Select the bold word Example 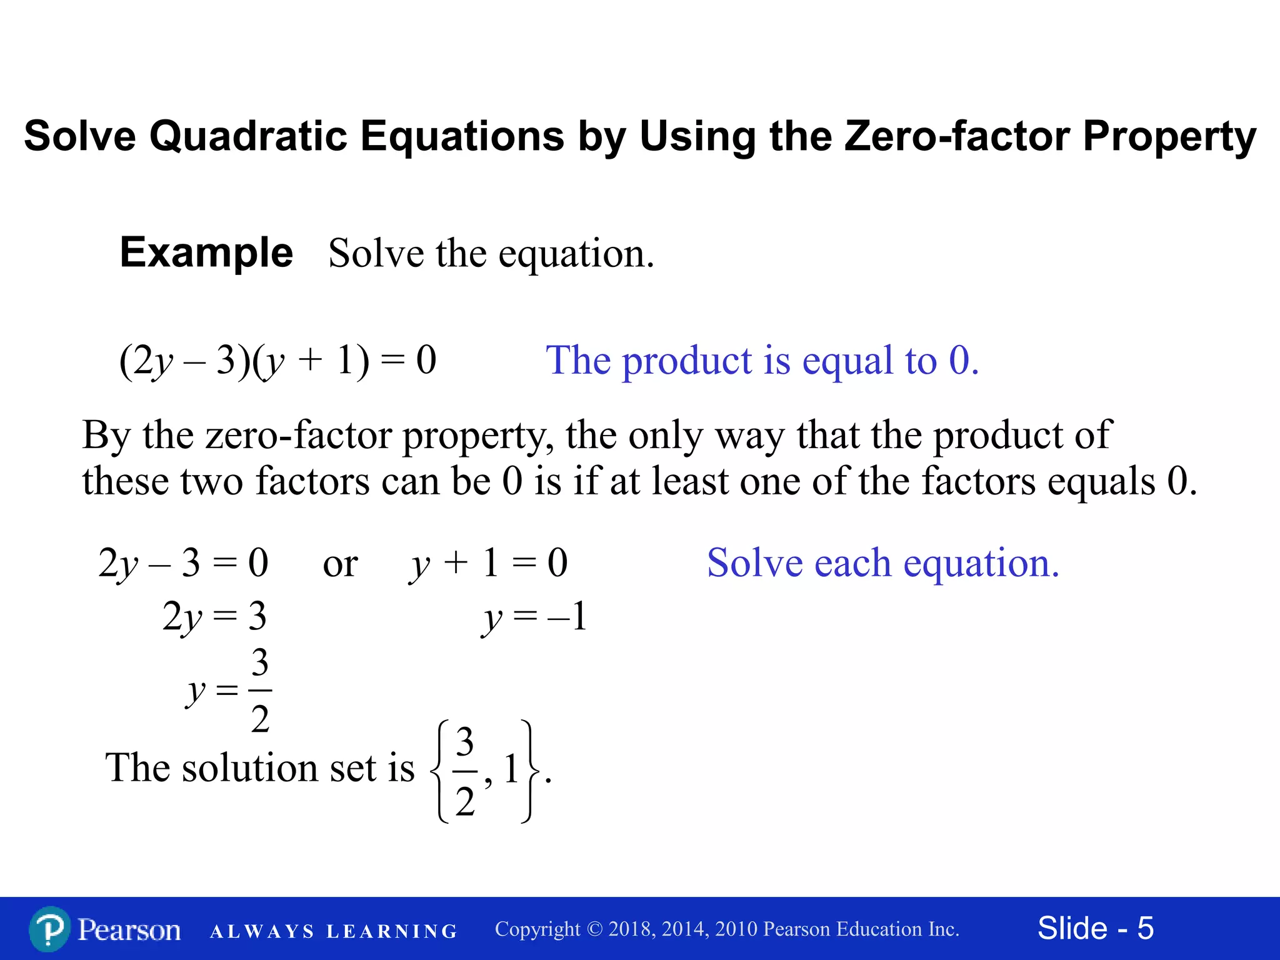coord(206,252)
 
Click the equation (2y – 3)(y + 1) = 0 coord(277,361)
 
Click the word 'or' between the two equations coord(340,564)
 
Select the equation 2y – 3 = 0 coord(183,562)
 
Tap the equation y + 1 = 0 coord(488,562)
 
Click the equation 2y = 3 coord(214,617)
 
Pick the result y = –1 coord(535,617)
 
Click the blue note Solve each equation coord(883,563)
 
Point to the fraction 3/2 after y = coord(260,690)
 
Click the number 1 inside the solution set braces coord(511,769)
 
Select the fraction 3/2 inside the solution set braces coord(464,771)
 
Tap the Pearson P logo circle coord(49,929)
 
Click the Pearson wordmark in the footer coord(129,929)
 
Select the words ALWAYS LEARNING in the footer coord(334,931)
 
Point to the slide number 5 coord(1145,928)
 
